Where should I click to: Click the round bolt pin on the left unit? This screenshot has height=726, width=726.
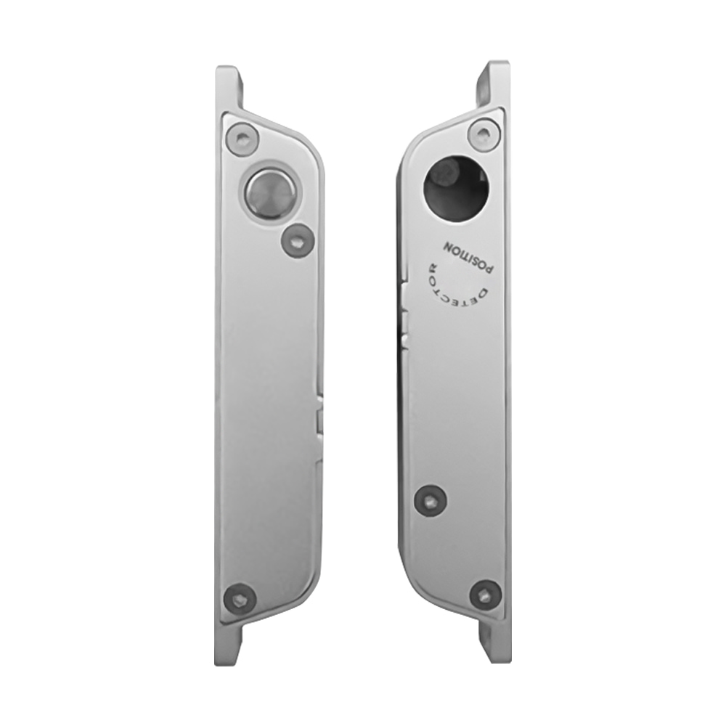click(270, 193)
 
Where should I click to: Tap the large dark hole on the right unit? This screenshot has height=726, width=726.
click(457, 191)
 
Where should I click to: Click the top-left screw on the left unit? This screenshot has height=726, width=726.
click(241, 137)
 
